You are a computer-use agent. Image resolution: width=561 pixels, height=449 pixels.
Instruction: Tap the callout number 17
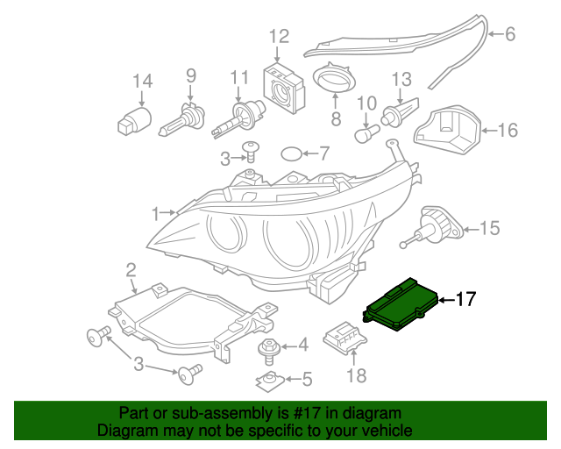click(x=465, y=300)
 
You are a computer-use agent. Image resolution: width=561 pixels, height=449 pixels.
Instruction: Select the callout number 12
click(x=278, y=36)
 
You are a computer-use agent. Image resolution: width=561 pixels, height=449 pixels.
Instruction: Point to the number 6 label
click(x=510, y=35)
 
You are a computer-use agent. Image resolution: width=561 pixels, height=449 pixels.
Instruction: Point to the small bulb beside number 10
click(x=366, y=134)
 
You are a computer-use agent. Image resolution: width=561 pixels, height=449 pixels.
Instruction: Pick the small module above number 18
click(x=345, y=337)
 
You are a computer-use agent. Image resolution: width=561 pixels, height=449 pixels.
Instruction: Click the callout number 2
click(x=131, y=269)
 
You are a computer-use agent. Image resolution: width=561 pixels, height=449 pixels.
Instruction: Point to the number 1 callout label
click(x=155, y=213)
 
